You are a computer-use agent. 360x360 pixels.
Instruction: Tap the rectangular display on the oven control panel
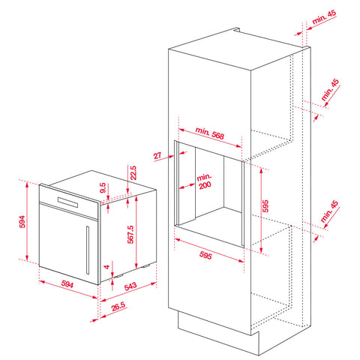coord(67,202)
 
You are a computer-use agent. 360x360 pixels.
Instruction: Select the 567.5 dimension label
coord(131,234)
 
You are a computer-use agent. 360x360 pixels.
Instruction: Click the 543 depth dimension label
coord(130,286)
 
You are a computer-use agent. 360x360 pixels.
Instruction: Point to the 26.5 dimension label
coord(118,307)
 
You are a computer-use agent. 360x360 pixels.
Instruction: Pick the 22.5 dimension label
coord(133,172)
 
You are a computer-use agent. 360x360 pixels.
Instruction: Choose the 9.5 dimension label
coord(103,188)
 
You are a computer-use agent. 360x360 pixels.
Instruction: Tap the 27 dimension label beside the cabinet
coord(157,156)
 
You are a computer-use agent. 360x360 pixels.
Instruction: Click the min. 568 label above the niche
coord(209,133)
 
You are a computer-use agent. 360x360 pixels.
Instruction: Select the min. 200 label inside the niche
coord(205,181)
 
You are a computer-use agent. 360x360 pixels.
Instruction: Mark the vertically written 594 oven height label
coord(22,222)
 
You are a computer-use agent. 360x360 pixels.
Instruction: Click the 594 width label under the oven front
coord(67,284)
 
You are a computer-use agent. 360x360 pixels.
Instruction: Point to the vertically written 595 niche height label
coord(265,206)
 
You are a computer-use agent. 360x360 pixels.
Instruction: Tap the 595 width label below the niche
coord(205,255)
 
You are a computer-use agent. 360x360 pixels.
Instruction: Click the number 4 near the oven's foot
coord(107,267)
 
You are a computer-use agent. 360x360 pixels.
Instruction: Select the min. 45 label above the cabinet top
coord(324,16)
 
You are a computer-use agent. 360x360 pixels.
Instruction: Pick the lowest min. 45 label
coord(329,211)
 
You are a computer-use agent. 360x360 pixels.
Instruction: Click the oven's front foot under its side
coord(118,276)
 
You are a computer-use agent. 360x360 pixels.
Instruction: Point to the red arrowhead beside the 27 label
coord(171,157)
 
